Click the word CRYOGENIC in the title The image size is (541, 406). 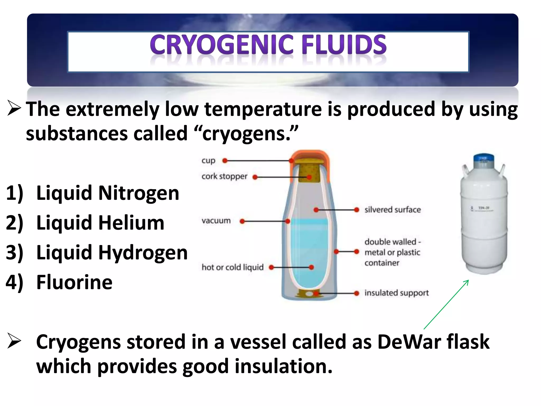tap(221, 45)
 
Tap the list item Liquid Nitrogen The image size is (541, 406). tap(108, 193)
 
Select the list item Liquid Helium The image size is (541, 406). tap(100, 223)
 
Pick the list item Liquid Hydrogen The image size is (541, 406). tap(112, 253)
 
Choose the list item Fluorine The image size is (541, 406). tap(74, 282)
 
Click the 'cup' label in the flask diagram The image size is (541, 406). tap(208, 161)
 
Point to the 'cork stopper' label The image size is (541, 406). tap(224, 176)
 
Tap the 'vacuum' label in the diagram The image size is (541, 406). tap(216, 221)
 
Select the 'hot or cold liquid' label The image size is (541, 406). tap(232, 267)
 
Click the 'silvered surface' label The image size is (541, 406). tap(393, 210)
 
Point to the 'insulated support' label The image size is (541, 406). tap(397, 293)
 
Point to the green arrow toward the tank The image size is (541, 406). tap(446, 304)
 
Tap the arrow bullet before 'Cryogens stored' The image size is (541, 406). tap(14, 341)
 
